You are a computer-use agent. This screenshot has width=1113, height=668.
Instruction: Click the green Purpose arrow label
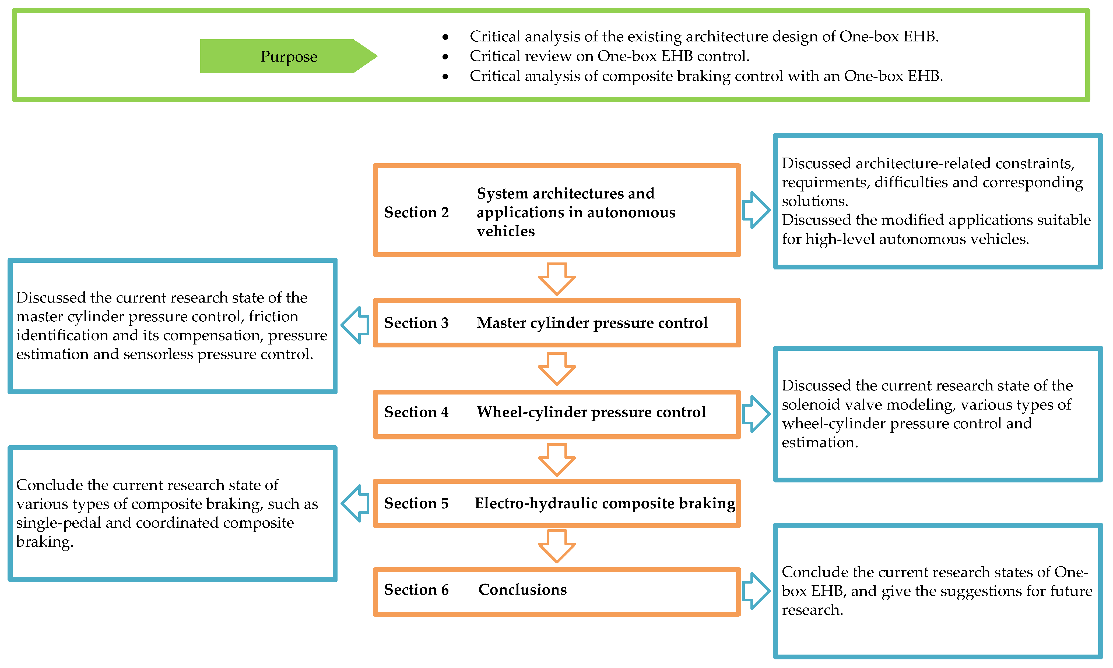[x=288, y=56]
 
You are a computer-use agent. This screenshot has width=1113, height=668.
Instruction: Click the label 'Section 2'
[x=416, y=212]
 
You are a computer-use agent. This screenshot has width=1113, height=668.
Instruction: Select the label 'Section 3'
[x=416, y=323]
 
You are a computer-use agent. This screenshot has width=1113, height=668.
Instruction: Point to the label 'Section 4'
[x=416, y=412]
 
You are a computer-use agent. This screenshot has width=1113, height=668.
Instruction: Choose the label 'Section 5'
[x=416, y=503]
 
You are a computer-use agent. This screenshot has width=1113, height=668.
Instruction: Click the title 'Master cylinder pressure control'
[x=592, y=323]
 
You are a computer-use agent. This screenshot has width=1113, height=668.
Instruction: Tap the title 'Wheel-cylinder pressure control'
[x=591, y=412]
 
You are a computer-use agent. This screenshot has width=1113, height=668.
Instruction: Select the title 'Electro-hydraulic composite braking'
[x=605, y=503]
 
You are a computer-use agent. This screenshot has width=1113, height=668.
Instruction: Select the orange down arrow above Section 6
[x=557, y=546]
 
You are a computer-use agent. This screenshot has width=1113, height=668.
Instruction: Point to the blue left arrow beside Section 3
[x=355, y=325]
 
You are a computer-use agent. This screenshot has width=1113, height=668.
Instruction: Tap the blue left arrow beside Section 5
[x=355, y=503]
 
